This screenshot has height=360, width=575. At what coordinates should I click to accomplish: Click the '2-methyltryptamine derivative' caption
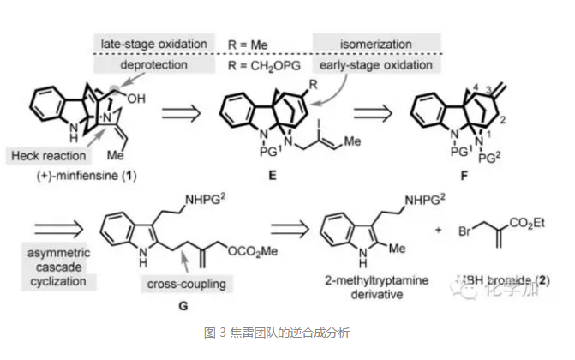(x=375, y=285)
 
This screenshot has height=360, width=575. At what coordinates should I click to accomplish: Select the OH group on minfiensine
(x=137, y=98)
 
